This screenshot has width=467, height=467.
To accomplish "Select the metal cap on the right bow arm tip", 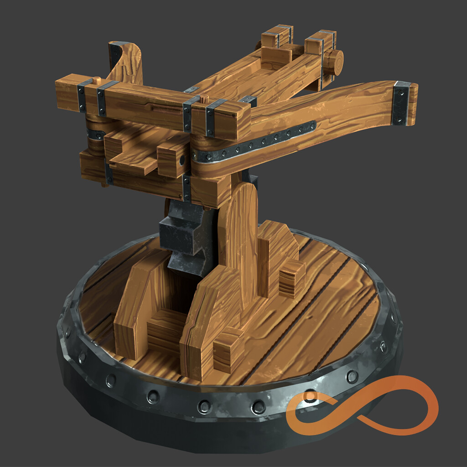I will [x=401, y=103].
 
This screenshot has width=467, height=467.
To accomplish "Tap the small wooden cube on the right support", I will [x=292, y=279].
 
